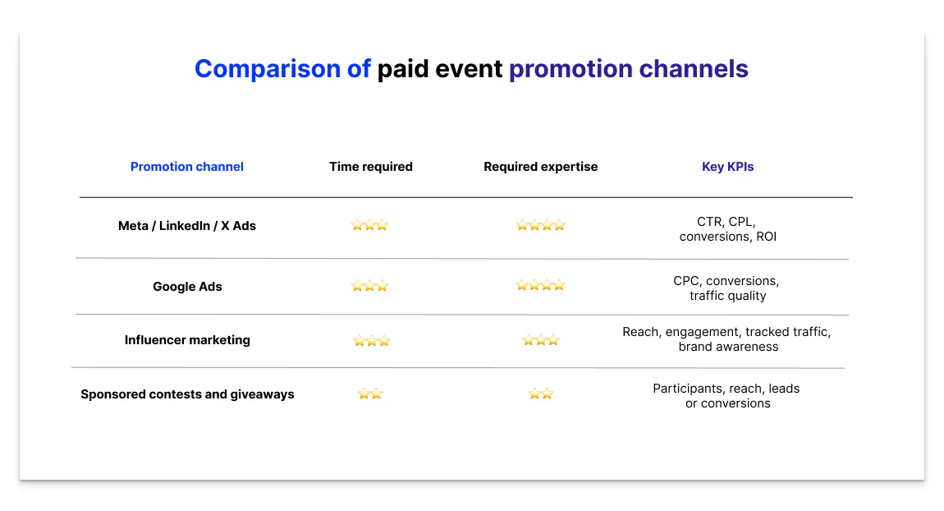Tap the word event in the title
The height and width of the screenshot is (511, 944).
[x=469, y=69]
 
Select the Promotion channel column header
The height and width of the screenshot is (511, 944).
[x=187, y=167]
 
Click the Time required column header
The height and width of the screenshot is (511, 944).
[x=371, y=167]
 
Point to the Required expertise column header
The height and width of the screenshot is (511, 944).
[x=541, y=167]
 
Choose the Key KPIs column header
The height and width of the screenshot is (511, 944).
[x=727, y=167]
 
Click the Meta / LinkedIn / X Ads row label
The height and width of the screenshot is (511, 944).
[x=187, y=226]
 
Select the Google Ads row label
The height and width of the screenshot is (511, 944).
[x=187, y=287]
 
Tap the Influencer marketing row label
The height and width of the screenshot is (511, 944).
[x=187, y=340]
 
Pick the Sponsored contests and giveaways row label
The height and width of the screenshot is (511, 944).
[x=187, y=394]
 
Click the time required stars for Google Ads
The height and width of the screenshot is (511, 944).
[x=369, y=286]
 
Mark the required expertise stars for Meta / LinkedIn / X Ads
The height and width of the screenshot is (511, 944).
[x=540, y=225]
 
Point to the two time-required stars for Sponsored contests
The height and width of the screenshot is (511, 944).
[x=370, y=394]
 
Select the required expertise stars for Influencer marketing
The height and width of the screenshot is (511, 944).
[x=541, y=340]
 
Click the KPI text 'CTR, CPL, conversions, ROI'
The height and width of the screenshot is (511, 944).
[x=727, y=229]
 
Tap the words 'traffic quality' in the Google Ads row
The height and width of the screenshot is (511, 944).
[x=727, y=296]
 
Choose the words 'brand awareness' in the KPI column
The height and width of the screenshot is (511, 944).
[x=728, y=347]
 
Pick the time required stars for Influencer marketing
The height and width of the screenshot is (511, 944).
[x=371, y=341]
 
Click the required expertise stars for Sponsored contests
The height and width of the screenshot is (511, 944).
[x=541, y=394]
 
